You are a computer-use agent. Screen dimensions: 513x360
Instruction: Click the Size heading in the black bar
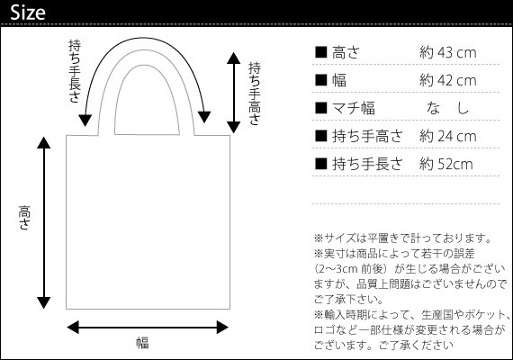[28, 13]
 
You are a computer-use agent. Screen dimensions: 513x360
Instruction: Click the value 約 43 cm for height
[447, 53]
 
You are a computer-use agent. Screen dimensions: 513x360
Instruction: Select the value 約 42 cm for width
[447, 80]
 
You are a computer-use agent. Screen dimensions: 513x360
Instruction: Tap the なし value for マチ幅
[447, 108]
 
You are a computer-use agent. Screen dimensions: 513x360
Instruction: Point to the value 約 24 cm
[447, 136]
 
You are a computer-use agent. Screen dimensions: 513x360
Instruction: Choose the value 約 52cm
[446, 164]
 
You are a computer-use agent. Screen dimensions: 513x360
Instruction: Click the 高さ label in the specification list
[346, 53]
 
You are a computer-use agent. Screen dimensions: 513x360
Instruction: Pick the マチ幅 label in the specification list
[354, 108]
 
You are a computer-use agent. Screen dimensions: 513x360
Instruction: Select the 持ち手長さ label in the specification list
[367, 164]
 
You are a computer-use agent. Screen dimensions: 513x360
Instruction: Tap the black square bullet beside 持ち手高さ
[321, 136]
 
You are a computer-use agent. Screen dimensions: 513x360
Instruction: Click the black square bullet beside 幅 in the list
[321, 80]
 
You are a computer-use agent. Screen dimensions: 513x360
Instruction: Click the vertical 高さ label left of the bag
[24, 218]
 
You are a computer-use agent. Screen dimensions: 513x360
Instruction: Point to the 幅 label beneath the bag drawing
[142, 343]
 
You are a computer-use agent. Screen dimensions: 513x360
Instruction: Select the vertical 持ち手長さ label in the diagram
[75, 71]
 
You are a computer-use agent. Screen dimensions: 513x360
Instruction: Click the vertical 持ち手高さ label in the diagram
[255, 94]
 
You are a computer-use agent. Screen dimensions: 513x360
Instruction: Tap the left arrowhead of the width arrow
[73, 328]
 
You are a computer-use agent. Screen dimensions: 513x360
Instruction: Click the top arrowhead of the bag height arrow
[43, 143]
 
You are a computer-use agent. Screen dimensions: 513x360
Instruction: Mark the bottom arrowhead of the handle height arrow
[234, 127]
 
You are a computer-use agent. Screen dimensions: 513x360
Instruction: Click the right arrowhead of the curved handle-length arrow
[203, 117]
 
